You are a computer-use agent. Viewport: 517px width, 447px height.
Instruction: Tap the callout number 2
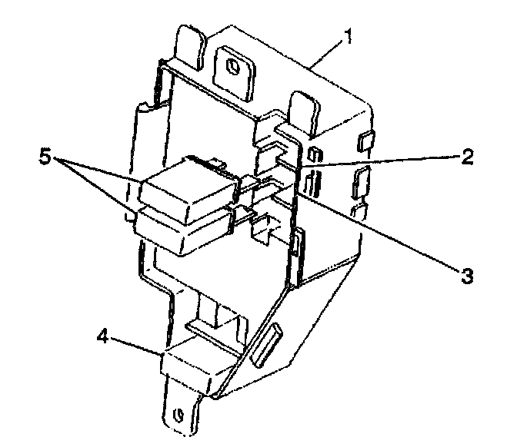click(x=466, y=159)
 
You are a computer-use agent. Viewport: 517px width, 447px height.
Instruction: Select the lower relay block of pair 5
click(x=183, y=231)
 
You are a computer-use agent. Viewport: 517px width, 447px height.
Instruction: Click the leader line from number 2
click(x=377, y=163)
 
